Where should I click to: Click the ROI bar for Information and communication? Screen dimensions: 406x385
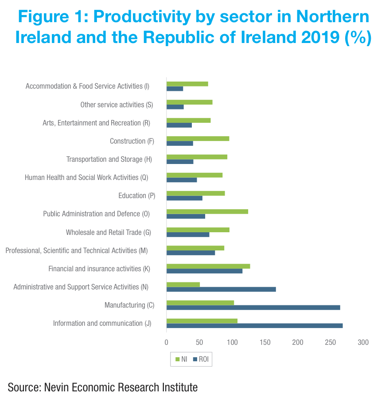tap(254, 326)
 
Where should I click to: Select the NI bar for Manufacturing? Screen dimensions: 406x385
tap(200, 303)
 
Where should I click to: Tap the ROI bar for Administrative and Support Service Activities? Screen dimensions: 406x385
tap(221, 289)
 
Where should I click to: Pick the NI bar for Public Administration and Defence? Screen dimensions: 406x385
tap(207, 211)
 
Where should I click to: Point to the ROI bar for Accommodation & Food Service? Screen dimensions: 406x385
tap(175, 89)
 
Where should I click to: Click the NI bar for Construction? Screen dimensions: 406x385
tap(198, 138)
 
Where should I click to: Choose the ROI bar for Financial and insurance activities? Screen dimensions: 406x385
tap(204, 271)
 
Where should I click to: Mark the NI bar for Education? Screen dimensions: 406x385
tap(195, 193)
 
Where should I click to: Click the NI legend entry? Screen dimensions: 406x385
tap(182, 359)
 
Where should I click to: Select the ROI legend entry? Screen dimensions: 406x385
tap(201, 359)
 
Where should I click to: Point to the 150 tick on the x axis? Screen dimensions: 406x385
tap(264, 343)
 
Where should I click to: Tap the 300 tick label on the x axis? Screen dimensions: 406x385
tap(363, 343)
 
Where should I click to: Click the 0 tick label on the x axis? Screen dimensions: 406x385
tap(167, 343)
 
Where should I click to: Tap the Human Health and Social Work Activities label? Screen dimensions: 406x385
tap(86, 177)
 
